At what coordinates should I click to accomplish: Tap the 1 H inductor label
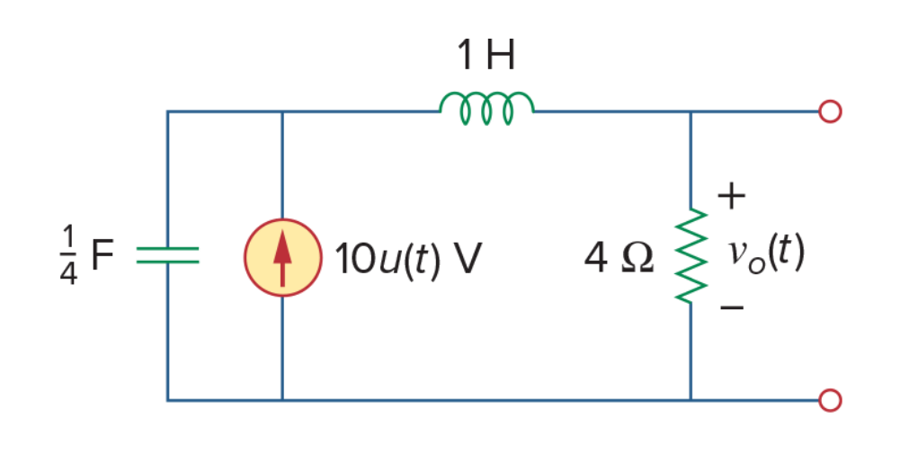point(486,56)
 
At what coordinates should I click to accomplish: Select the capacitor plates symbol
point(167,255)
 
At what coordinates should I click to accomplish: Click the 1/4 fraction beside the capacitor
point(68,255)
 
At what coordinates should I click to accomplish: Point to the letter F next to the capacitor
point(102,254)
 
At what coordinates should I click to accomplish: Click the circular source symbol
point(282,257)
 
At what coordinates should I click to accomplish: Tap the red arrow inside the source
point(282,258)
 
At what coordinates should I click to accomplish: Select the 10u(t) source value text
point(388,259)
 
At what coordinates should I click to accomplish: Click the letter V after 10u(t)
point(468,258)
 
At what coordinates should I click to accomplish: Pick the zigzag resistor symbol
point(691,255)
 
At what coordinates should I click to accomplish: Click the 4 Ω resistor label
point(619,258)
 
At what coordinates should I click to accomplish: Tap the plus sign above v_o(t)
point(731,196)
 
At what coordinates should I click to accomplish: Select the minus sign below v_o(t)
point(732,307)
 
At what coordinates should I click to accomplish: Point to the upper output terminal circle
point(830,111)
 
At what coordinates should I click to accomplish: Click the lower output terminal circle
point(830,400)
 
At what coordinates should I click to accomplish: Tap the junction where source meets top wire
point(282,111)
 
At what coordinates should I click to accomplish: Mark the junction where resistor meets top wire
point(691,111)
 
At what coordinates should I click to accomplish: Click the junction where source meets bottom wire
point(282,400)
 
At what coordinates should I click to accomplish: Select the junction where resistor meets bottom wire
point(691,400)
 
